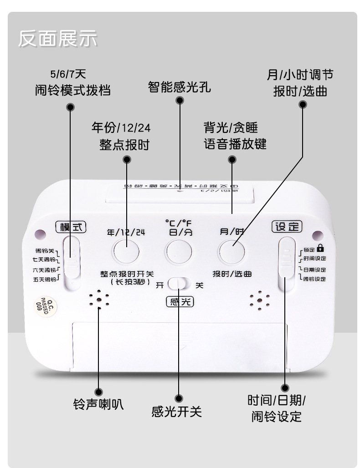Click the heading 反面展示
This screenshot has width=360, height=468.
(x=57, y=39)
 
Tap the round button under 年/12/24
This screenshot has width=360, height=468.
(x=126, y=251)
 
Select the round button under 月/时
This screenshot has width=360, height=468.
(x=231, y=251)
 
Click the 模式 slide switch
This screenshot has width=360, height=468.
(x=72, y=263)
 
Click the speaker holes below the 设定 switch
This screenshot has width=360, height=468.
(x=260, y=300)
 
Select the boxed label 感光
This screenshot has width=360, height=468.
(x=180, y=301)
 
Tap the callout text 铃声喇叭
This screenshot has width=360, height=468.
(x=98, y=404)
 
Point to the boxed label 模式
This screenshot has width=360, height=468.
(x=71, y=227)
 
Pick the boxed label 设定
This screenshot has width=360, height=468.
(x=287, y=226)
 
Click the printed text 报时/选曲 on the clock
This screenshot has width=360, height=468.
(x=232, y=274)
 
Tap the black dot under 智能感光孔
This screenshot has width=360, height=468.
(x=180, y=100)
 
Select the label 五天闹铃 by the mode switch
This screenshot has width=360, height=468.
(x=45, y=279)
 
